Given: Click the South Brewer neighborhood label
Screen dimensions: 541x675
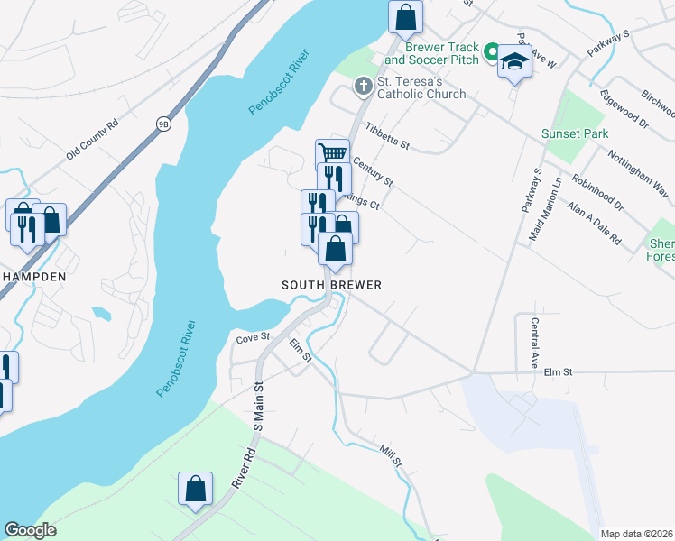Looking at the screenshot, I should (x=331, y=285).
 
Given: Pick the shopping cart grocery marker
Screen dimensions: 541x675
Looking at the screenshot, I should (x=332, y=155).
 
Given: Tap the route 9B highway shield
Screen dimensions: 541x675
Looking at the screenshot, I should (x=163, y=124).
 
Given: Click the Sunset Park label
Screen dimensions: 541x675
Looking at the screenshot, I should (x=575, y=133).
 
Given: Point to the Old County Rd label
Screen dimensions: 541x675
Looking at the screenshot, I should (x=93, y=142).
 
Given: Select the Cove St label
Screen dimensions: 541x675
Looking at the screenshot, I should (x=253, y=338).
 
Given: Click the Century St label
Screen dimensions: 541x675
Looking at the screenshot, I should (x=374, y=171).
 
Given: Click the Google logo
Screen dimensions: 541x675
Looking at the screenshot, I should (x=30, y=530).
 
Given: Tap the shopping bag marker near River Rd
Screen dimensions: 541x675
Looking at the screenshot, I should (x=195, y=491).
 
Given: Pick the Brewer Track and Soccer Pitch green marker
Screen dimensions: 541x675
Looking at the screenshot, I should (x=492, y=53).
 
